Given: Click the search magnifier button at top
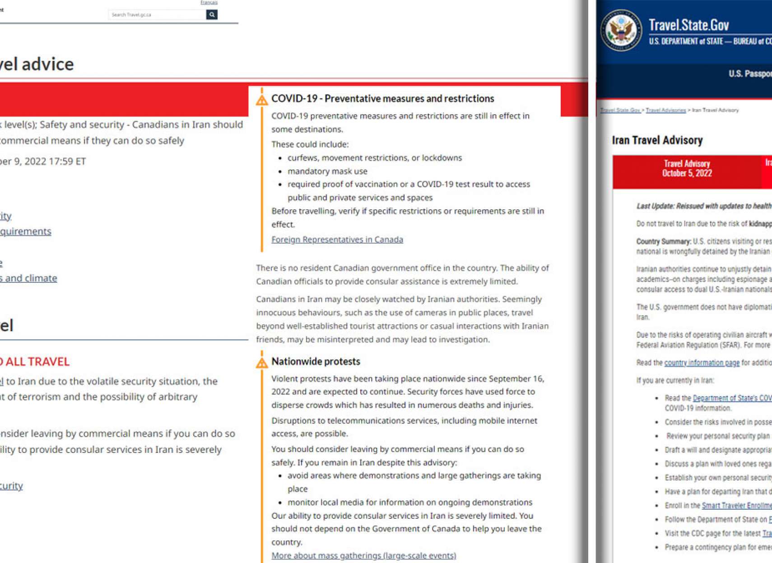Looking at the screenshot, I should (212, 15).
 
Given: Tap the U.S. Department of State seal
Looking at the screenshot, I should (621, 30).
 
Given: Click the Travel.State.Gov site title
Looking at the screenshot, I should (688, 25).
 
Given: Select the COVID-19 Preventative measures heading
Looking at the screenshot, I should (382, 98).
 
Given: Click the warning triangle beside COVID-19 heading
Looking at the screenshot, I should (262, 100).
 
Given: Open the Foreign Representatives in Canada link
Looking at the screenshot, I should (337, 240).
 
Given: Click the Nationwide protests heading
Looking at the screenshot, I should (316, 361).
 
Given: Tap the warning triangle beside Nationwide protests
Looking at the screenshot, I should (262, 363).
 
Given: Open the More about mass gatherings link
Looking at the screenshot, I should (363, 555).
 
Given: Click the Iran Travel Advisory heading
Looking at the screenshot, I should (657, 140).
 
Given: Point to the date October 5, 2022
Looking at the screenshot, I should (687, 173).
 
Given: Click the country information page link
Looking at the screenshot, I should (702, 363).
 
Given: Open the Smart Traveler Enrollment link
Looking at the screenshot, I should (736, 506).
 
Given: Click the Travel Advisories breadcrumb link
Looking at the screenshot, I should (665, 110).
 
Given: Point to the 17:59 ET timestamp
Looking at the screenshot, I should (68, 162).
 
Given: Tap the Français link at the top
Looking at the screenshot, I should (209, 3).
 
